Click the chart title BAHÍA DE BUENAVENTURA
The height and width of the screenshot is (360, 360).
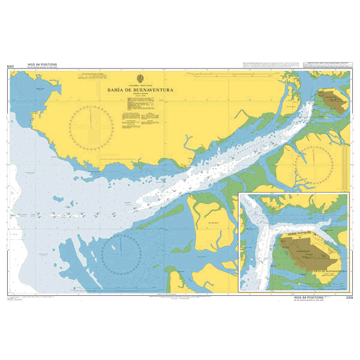coord(140,91)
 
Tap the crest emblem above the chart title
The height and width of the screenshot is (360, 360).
coord(140,78)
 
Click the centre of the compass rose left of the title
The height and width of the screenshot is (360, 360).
coord(91,126)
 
